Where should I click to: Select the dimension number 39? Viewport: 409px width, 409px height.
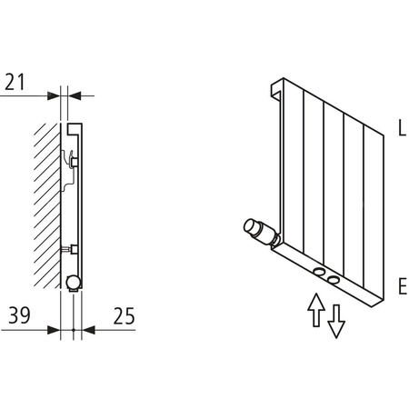pyautogui.click(x=17, y=315)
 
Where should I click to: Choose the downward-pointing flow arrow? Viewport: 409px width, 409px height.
pyautogui.click(x=336, y=319)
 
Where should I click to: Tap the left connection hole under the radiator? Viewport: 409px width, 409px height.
pyautogui.click(x=320, y=272)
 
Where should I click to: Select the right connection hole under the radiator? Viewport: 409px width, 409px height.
pyautogui.click(x=335, y=278)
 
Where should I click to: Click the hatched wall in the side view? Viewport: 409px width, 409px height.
pyautogui.click(x=46, y=200)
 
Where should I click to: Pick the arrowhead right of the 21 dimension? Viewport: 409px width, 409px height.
pyautogui.click(x=75, y=95)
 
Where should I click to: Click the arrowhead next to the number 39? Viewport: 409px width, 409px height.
pyautogui.click(x=54, y=329)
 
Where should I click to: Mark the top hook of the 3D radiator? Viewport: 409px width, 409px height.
pyautogui.click(x=276, y=90)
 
